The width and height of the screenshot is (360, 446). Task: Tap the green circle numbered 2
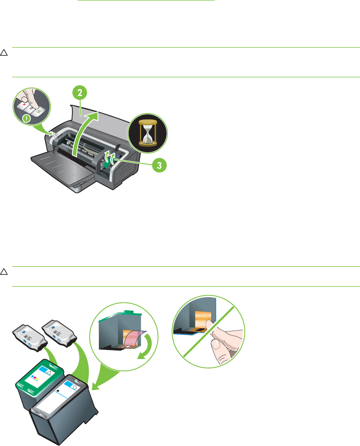80,93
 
